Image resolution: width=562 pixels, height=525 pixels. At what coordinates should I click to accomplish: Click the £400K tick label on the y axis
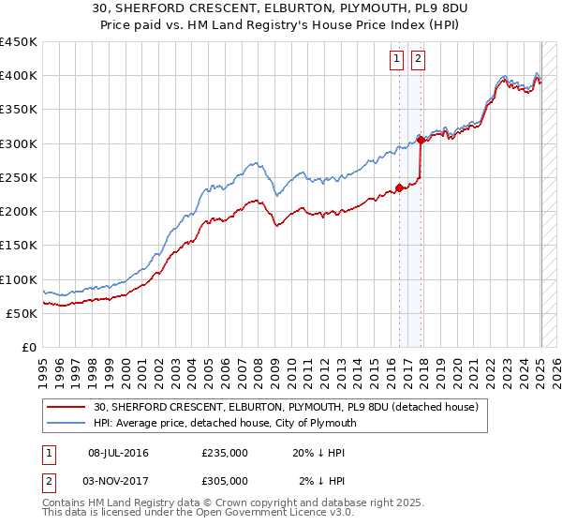[x=18, y=76]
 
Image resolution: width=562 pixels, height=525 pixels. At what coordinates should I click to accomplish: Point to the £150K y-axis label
[x=18, y=246]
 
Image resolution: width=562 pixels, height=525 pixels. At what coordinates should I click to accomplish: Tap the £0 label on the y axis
[x=28, y=348]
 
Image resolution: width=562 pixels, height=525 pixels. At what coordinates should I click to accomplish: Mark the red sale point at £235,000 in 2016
[x=399, y=187]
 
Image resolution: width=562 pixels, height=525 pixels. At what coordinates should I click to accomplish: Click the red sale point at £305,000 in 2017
[x=421, y=141]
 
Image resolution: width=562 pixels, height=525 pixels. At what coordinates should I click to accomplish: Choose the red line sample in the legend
[x=67, y=407]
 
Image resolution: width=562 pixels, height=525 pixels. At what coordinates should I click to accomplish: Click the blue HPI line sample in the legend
[x=67, y=423]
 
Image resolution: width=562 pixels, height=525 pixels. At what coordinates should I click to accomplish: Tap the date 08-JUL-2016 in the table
[x=118, y=453]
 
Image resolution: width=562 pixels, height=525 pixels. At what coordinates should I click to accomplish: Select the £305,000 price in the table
[x=225, y=481]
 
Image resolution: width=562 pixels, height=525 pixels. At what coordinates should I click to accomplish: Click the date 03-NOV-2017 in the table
[x=118, y=481]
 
